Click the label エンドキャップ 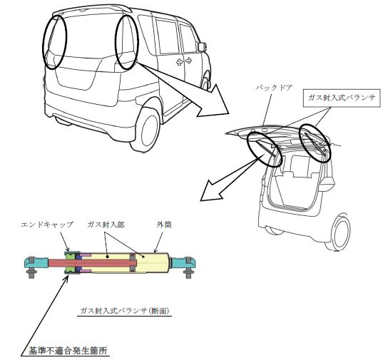47,225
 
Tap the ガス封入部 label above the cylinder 106,225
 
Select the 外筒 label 164,225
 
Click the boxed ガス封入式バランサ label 342,98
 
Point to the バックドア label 274,88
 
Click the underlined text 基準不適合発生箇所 68,350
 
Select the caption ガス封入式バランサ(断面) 125,311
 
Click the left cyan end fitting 36,263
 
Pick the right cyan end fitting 183,263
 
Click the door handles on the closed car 184,61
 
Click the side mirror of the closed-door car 202,46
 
